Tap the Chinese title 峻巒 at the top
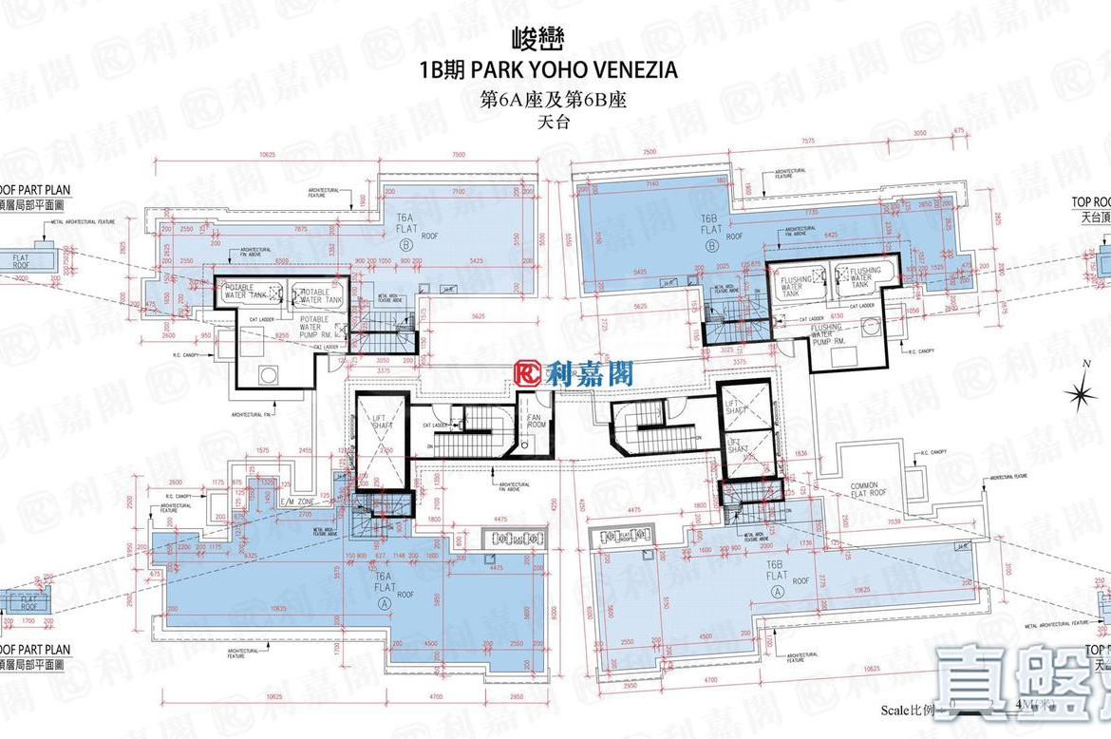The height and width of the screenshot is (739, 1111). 555,42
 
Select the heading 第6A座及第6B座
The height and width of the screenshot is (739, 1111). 555,100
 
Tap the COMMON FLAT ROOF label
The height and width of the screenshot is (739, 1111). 868,488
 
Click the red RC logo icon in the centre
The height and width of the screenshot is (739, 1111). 528,374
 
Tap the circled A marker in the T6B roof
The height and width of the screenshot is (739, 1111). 777,590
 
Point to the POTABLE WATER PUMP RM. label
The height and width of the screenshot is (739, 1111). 313,325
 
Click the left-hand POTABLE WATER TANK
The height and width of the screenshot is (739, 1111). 249,294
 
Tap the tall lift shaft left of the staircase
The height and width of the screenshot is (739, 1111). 382,439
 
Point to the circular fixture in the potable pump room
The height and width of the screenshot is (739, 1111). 269,374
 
